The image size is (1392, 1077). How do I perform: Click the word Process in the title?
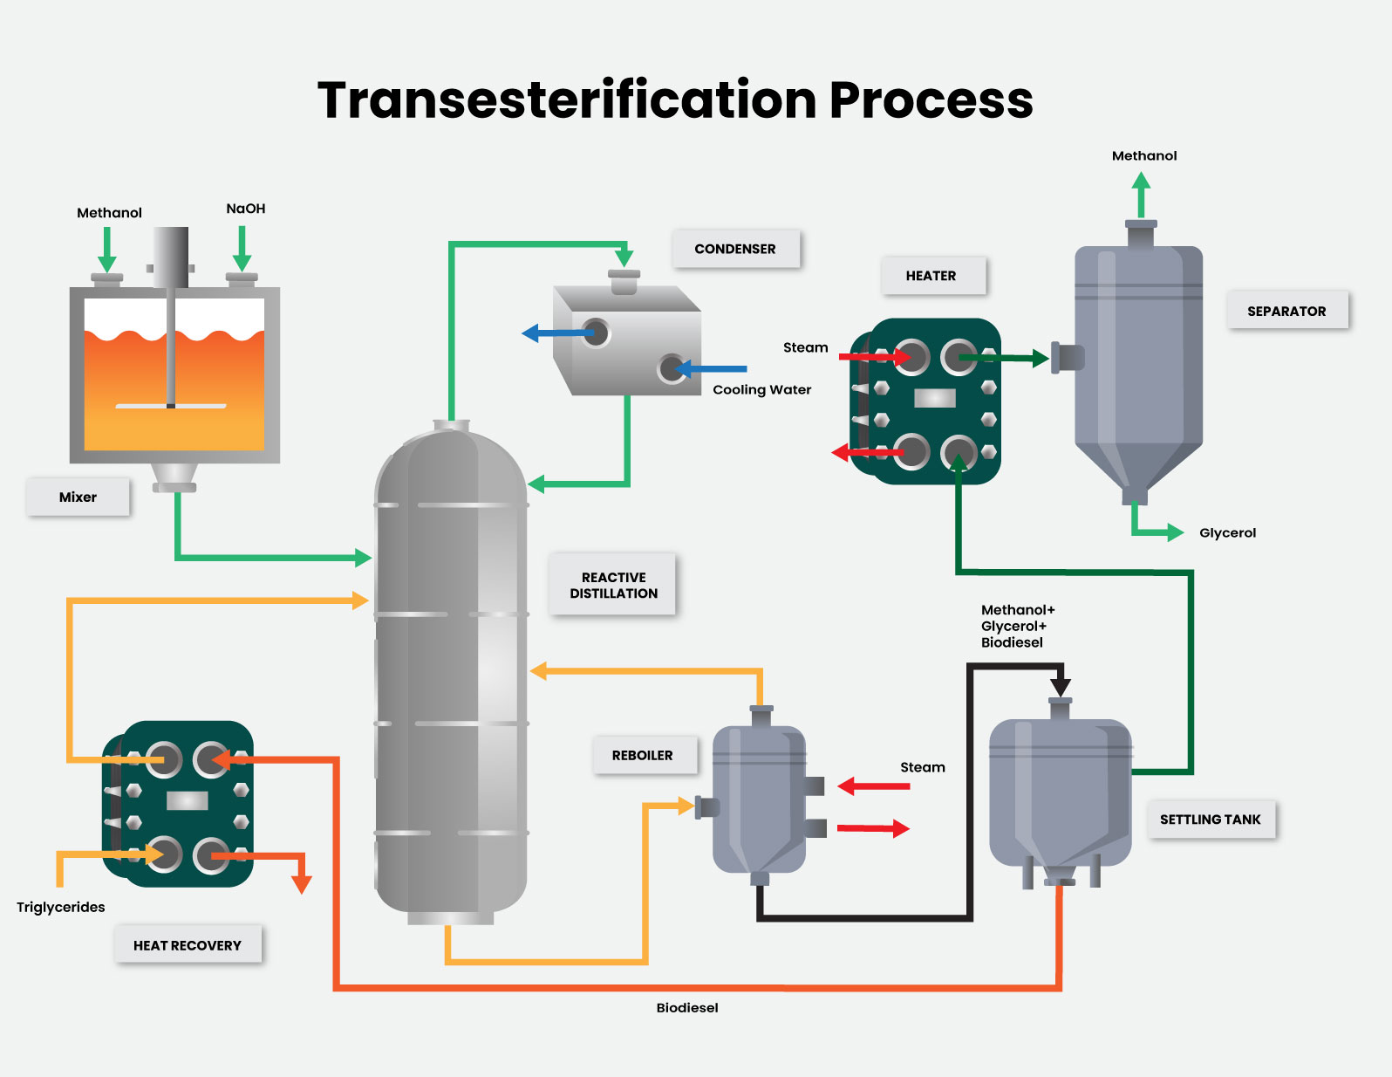click(x=931, y=100)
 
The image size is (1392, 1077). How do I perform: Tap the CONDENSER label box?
click(x=735, y=249)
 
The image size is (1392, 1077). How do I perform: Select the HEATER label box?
click(x=931, y=276)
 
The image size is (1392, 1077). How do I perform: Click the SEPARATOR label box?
click(x=1286, y=311)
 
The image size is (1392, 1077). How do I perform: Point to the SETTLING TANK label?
click(x=1211, y=820)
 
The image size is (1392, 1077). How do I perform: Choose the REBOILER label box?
click(x=643, y=755)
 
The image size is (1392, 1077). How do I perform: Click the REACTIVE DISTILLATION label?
click(x=613, y=585)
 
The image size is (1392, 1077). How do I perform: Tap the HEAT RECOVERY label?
click(x=187, y=945)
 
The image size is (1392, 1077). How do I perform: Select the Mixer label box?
click(x=78, y=497)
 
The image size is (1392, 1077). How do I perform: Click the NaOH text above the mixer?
click(x=245, y=209)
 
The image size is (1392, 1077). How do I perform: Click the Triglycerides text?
click(x=60, y=907)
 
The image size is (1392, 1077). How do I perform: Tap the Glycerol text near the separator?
click(x=1227, y=532)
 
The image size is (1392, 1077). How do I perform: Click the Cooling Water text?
click(x=761, y=389)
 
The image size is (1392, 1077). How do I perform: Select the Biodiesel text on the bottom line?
click(x=687, y=1007)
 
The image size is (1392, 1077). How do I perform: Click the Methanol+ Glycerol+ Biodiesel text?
click(x=1017, y=626)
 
